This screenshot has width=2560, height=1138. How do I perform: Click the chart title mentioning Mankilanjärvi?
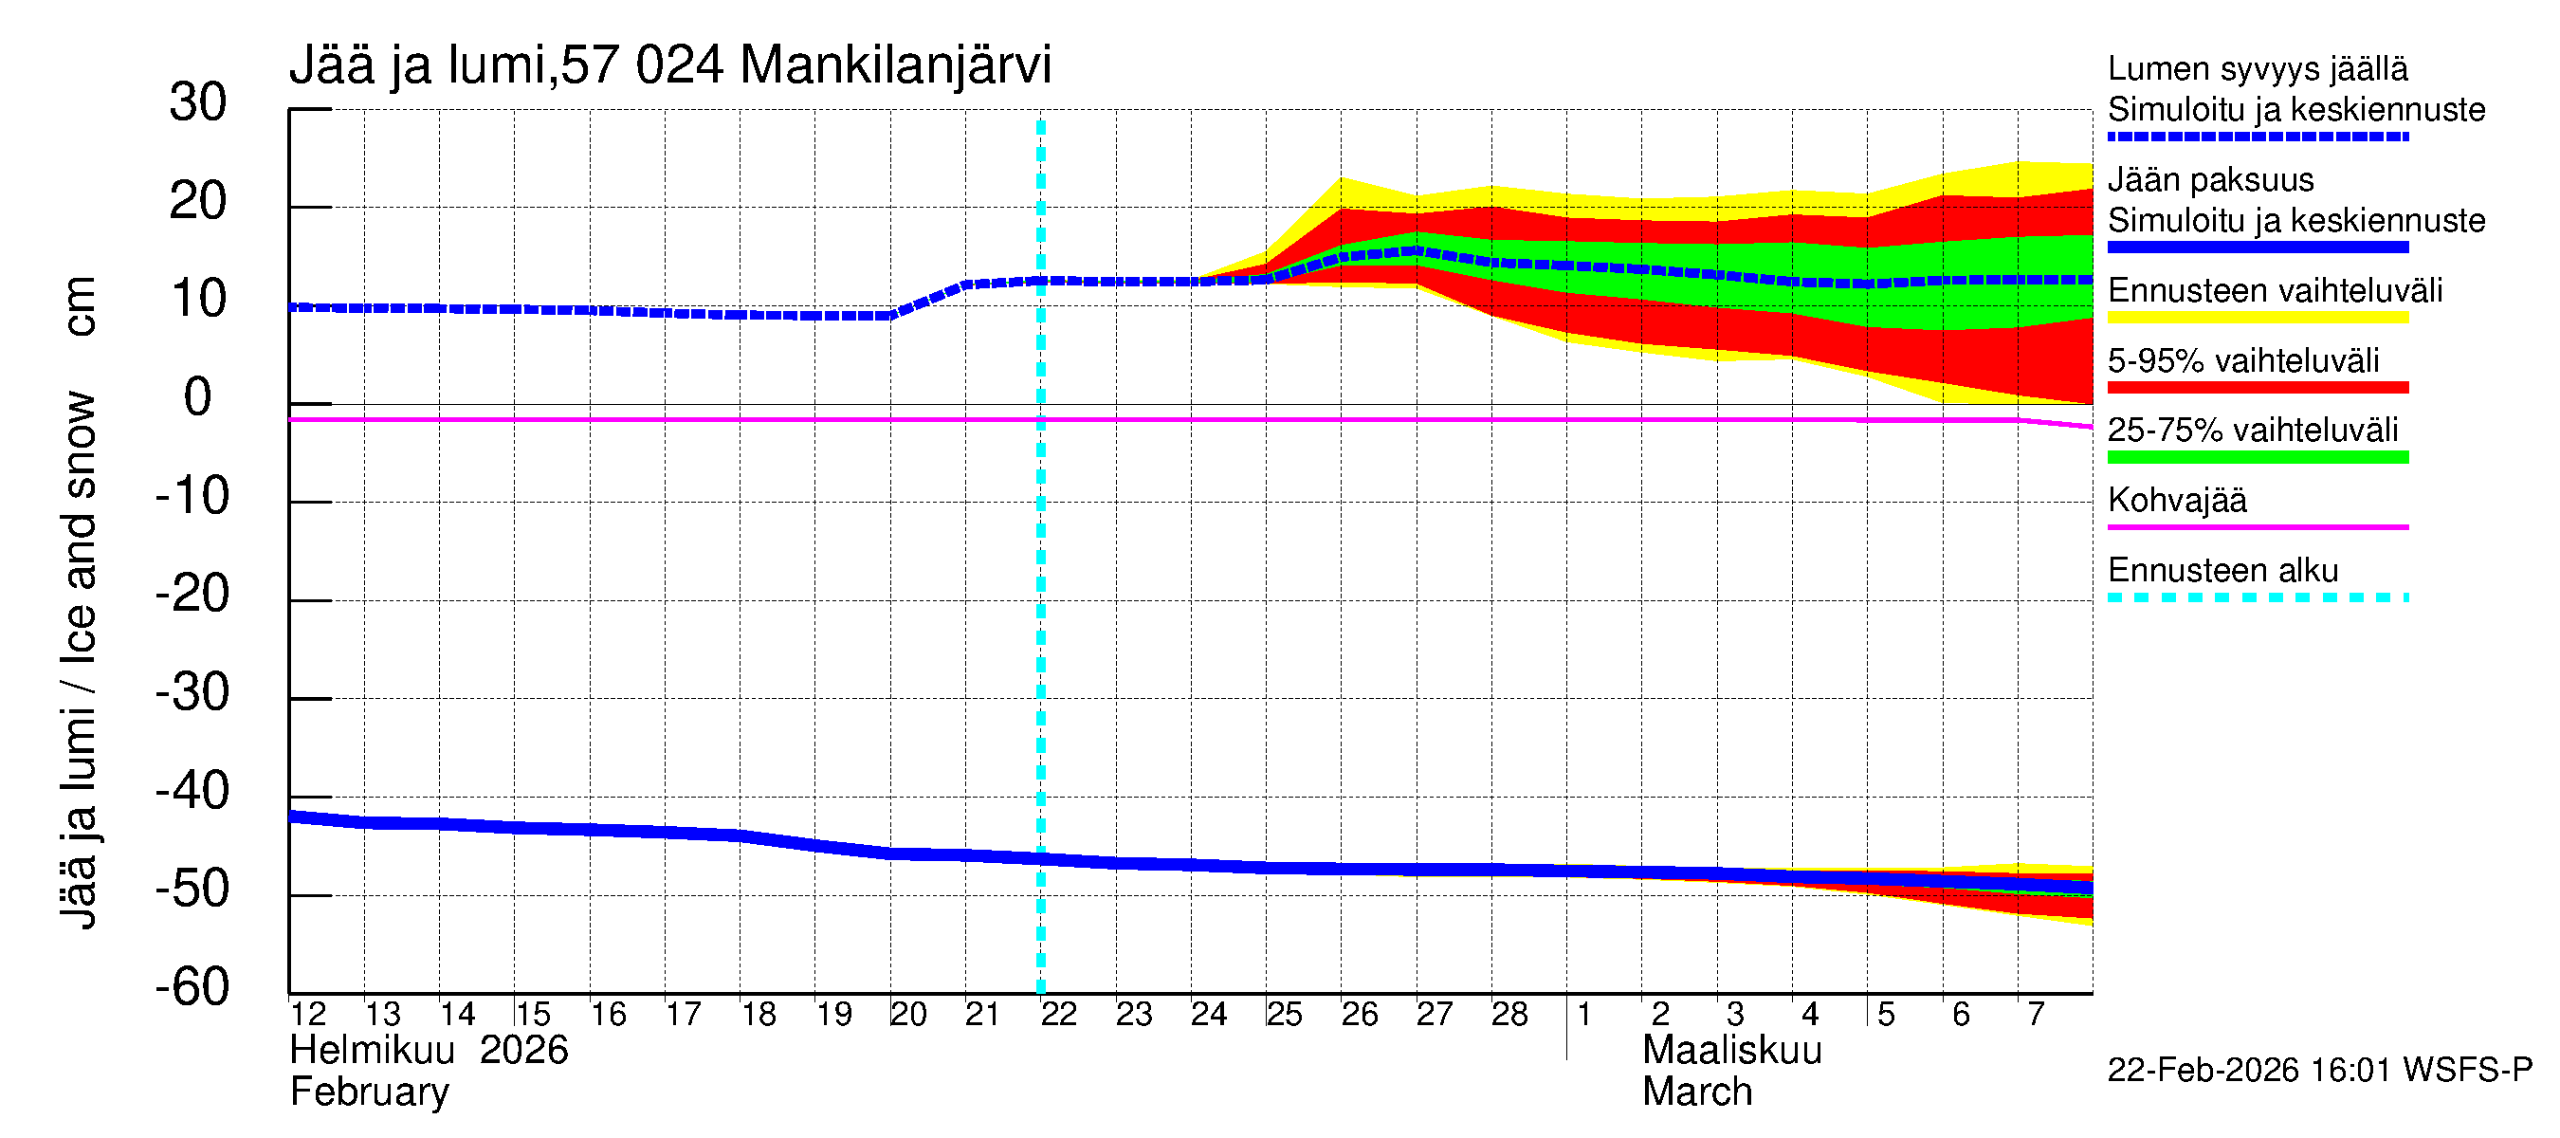(669, 65)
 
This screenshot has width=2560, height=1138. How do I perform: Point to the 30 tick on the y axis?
(198, 103)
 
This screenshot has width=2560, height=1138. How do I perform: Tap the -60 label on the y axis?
(192, 987)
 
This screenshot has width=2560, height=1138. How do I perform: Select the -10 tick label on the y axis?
(192, 496)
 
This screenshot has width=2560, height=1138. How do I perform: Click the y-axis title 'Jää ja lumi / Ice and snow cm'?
(79, 602)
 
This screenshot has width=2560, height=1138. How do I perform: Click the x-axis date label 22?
(1058, 1015)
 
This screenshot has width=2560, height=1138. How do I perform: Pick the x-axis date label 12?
(308, 1015)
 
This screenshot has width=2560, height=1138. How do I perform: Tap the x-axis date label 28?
(1509, 1015)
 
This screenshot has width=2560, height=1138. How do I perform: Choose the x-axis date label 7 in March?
(2036, 1015)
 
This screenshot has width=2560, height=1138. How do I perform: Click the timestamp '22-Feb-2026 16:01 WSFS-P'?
(2319, 1071)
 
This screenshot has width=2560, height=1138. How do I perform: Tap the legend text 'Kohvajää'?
(2176, 501)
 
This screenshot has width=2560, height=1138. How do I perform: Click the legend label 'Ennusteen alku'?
(2222, 572)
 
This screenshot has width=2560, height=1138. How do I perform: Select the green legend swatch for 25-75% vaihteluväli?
(2257, 458)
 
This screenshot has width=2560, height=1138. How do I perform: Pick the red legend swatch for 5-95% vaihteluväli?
(2257, 388)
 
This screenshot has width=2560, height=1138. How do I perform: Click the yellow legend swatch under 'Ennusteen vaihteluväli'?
(2257, 318)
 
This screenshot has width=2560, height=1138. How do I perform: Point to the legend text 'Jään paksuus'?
(2210, 181)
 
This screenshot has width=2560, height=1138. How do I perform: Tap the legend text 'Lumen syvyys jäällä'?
(2257, 69)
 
